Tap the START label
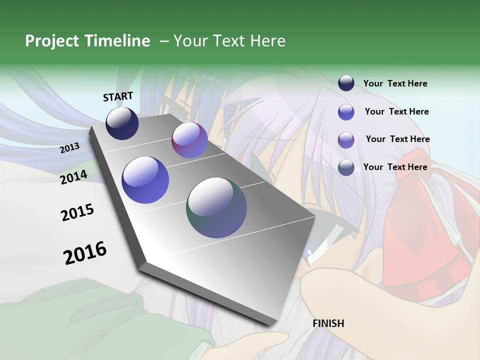tap(118, 96)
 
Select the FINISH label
tap(328, 323)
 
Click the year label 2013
tap(70, 148)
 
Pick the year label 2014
tap(74, 177)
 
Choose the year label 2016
tap(85, 253)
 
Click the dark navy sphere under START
tap(122, 123)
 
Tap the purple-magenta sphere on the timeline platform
tap(189, 140)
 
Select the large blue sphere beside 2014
tap(145, 180)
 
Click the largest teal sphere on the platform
tap(216, 207)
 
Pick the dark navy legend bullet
tap(346, 83)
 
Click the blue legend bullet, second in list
tap(346, 111)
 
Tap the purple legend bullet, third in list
tap(346, 139)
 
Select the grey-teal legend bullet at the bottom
tap(346, 167)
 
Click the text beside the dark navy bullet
tap(395, 84)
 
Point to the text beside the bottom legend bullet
tap(395, 167)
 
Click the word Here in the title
tap(267, 41)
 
